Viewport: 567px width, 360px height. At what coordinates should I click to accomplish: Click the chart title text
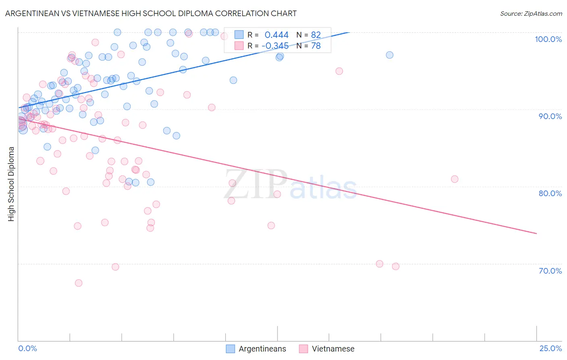[x=151, y=13]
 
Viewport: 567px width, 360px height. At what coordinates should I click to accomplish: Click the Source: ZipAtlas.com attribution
[x=531, y=13]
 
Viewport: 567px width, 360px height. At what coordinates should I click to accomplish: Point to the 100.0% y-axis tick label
[x=548, y=39]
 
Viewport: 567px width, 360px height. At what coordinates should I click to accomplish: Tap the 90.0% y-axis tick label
[x=550, y=116]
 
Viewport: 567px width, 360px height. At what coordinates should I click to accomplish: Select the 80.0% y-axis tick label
[x=550, y=193]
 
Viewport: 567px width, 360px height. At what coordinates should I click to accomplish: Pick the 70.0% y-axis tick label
[x=550, y=271]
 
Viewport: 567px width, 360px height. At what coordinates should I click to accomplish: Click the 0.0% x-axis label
[x=28, y=348]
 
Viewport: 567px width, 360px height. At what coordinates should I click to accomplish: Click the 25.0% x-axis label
[x=550, y=348]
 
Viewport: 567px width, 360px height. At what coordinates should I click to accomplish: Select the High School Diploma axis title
[x=11, y=184]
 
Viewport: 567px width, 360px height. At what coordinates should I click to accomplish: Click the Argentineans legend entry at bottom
[x=256, y=349]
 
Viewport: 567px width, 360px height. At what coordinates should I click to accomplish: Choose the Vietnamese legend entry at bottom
[x=327, y=349]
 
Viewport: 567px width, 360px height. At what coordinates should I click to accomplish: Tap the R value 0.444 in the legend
[x=277, y=35]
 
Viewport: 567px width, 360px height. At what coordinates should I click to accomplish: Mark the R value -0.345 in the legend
[x=275, y=46]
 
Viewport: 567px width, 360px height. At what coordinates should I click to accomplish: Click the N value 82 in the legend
[x=316, y=35]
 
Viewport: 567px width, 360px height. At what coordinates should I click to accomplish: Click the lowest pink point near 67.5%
[x=79, y=283]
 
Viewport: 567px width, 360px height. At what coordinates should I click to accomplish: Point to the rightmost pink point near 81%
[x=454, y=179]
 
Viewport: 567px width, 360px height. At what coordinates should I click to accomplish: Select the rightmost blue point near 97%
[x=390, y=55]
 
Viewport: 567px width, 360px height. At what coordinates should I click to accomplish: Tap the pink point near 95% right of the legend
[x=339, y=71]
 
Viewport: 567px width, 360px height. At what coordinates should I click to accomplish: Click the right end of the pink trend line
[x=536, y=233]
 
